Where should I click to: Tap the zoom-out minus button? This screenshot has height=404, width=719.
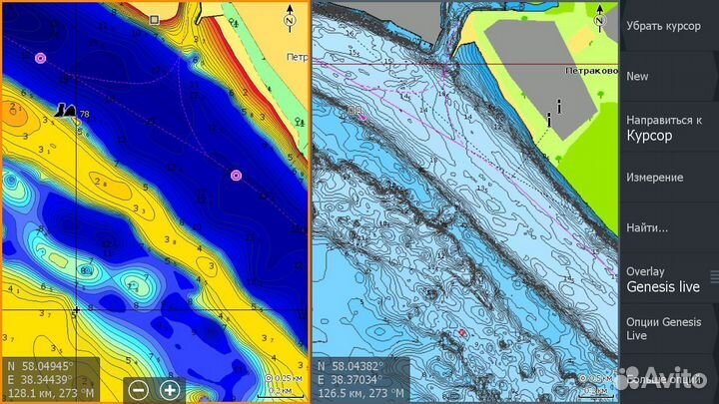[139, 390]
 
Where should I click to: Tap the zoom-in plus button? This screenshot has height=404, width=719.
[170, 390]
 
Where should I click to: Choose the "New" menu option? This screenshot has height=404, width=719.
[637, 76]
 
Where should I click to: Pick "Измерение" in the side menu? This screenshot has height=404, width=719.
[654, 178]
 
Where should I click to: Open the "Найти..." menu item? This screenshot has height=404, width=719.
[646, 227]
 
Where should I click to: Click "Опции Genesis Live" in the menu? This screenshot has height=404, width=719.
[663, 328]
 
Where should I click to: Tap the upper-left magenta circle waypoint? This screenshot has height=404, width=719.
[40, 58]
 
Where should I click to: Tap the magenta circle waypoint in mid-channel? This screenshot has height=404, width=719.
[236, 176]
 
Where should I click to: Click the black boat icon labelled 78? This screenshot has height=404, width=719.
[67, 110]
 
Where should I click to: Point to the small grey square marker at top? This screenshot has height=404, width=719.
[154, 19]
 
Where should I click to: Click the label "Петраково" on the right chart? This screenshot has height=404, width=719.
[590, 71]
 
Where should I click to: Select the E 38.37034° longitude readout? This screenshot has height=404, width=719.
[359, 379]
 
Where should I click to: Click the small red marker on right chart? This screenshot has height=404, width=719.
[462, 331]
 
